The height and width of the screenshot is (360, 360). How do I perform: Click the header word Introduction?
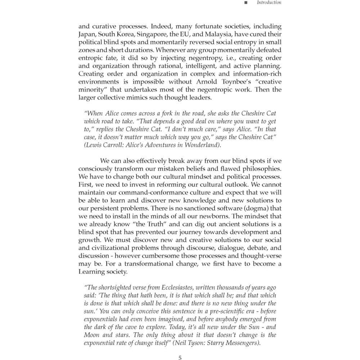click(269, 3)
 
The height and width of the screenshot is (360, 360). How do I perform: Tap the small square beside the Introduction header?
click(246, 3)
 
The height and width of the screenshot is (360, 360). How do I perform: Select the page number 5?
click(180, 357)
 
